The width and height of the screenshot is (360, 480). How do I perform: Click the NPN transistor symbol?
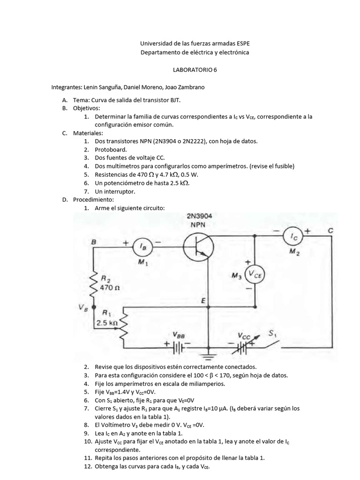(x=198, y=247)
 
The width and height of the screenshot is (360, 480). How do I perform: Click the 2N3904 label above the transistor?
(x=198, y=217)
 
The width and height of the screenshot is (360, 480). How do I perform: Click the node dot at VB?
(x=94, y=307)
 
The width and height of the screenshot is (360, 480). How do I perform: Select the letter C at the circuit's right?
(x=331, y=231)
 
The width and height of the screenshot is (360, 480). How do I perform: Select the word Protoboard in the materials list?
(x=111, y=150)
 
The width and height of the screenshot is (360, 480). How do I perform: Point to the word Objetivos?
(x=86, y=108)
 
